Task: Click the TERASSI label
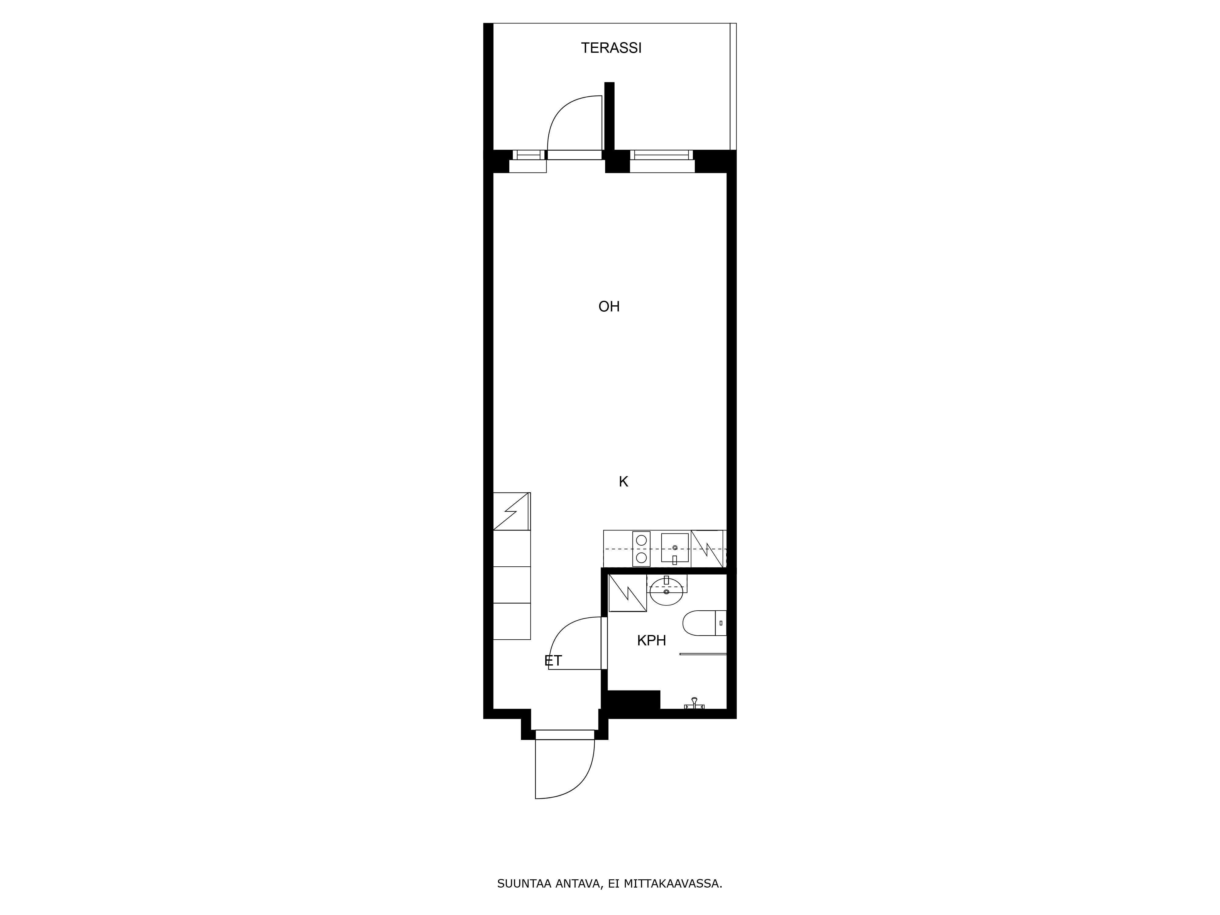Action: coord(611,48)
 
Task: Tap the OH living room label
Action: coord(609,307)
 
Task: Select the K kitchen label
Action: coord(623,482)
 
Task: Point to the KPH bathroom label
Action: coord(651,640)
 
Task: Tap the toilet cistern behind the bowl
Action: coord(721,623)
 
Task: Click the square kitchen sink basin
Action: coord(675,548)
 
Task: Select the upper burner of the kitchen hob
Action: coord(641,540)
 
